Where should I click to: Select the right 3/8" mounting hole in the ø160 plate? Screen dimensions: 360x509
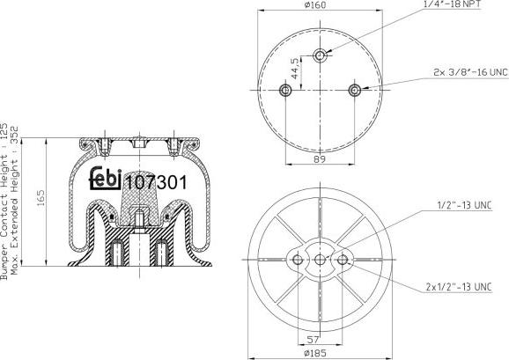coord(355,91)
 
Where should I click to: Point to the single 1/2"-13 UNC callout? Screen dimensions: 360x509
coord(464,205)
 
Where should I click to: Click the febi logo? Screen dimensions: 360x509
coord(107,178)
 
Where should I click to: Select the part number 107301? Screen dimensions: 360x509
coord(156,183)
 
